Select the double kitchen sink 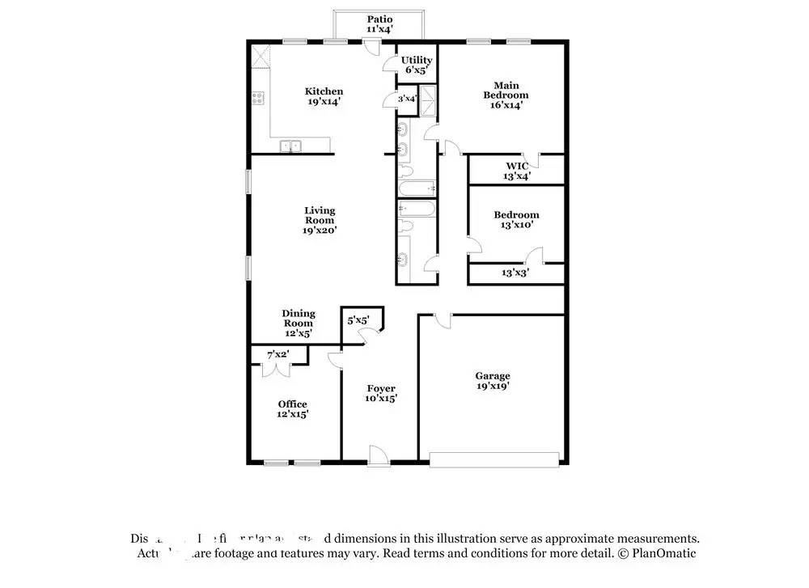point(290,146)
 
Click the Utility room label point(417,65)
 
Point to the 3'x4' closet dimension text point(406,99)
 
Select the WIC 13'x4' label point(517,171)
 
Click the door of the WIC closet point(531,158)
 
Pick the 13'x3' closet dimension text point(516,273)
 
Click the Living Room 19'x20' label point(320,220)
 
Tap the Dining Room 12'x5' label point(298,323)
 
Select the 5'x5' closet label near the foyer point(358,320)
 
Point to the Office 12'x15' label point(292,408)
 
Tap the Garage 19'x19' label point(492,380)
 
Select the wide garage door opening point(494,459)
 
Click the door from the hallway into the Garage point(442,320)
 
